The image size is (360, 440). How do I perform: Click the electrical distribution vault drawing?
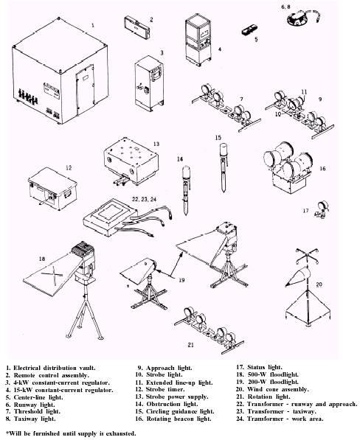tap(60, 71)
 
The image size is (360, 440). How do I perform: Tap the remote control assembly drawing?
tap(136, 27)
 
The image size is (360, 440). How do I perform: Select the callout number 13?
tap(156, 144)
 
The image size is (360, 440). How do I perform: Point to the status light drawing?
tap(322, 209)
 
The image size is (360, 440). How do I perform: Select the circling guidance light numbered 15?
tap(224, 167)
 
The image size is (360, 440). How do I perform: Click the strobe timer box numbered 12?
tap(52, 188)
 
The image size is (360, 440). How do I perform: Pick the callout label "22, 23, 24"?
tap(144, 199)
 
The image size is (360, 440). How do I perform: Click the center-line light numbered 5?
tap(249, 29)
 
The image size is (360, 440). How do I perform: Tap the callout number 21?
tap(190, 345)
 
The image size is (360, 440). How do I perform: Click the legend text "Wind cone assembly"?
tap(277, 389)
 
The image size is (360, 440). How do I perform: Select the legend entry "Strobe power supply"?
tap(177, 397)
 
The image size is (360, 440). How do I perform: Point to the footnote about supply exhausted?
tap(71, 433)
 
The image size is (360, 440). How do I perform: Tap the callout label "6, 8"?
tap(285, 7)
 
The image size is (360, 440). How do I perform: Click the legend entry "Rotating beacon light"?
tap(179, 419)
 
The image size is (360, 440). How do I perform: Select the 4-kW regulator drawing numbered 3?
tap(149, 83)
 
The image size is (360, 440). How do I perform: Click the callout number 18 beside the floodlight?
tap(41, 259)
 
